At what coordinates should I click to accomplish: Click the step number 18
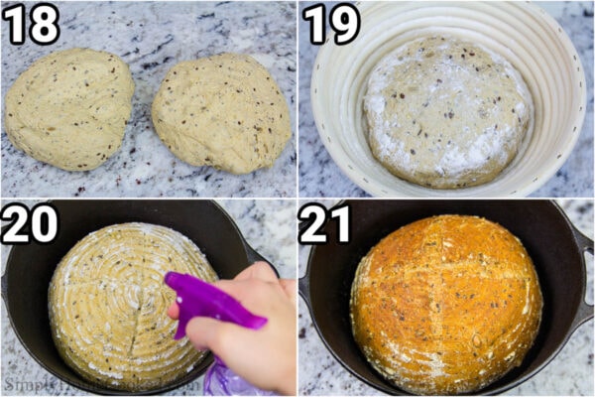[31, 24]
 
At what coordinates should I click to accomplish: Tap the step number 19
[330, 24]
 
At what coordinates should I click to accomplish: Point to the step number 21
[328, 223]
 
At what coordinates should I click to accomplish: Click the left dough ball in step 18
[69, 108]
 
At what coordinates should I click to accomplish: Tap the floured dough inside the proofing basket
[445, 109]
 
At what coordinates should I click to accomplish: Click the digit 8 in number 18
[43, 24]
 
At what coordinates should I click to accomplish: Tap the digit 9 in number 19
[344, 24]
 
